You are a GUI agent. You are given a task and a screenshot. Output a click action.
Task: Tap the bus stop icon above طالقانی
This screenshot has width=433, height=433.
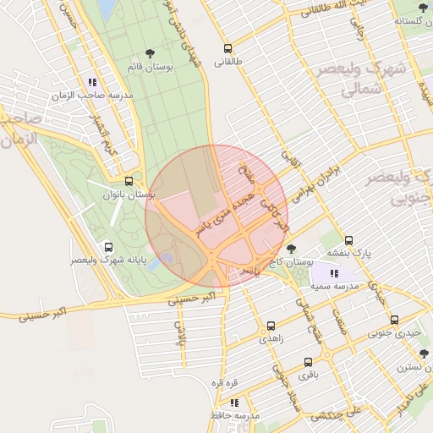tap(227, 48)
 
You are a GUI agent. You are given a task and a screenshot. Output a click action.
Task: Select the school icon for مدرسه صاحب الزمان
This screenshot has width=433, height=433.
tap(91, 82)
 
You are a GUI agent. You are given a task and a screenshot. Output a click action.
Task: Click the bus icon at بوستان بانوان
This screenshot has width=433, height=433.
tap(129, 181)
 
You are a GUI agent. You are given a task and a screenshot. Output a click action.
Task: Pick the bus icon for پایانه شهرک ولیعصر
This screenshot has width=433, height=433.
tap(107, 247)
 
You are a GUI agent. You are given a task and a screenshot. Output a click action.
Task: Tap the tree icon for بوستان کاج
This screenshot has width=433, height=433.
tap(292, 249)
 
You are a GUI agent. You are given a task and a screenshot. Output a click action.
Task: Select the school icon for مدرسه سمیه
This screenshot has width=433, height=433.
tap(333, 273)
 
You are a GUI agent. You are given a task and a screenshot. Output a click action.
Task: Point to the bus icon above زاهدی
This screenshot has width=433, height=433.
tap(271, 325)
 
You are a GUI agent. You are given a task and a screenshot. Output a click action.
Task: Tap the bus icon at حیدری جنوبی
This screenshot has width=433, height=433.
tap(395, 320)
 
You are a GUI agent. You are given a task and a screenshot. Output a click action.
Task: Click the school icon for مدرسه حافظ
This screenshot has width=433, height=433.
tap(234, 403)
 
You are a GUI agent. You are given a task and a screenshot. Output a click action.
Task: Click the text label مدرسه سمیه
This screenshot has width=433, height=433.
tap(334, 287)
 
